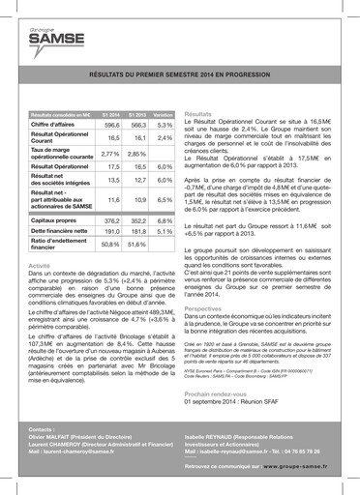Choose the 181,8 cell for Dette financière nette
tap(137, 231)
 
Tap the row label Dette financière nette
tap(58, 231)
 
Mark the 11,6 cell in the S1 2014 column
tap(112, 198)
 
